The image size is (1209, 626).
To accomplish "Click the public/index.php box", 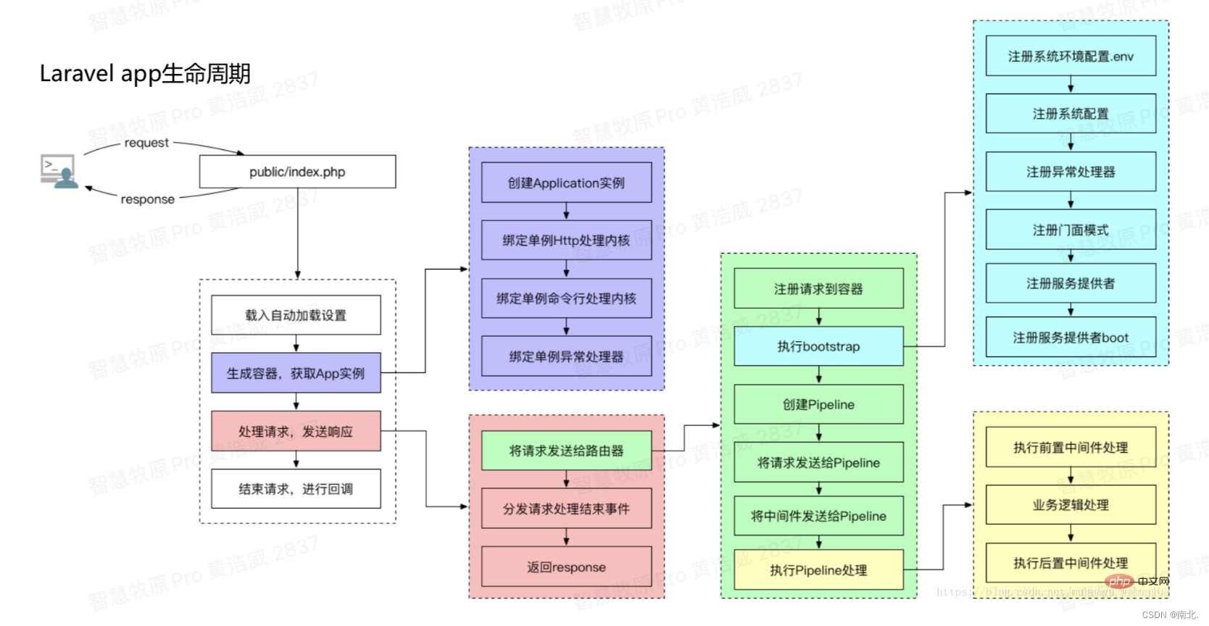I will pyautogui.click(x=297, y=172).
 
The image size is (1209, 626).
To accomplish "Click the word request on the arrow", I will pyautogui.click(x=146, y=143).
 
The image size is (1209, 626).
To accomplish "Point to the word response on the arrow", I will pyautogui.click(x=147, y=199).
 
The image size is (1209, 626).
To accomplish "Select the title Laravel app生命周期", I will pyautogui.click(x=145, y=74).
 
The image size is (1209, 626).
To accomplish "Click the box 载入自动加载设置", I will pyautogui.click(x=296, y=315).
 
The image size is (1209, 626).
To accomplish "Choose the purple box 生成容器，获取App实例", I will pyautogui.click(x=296, y=373).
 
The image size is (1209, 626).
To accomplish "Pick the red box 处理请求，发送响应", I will pyautogui.click(x=296, y=431).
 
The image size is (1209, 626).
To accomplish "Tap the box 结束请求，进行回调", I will pyautogui.click(x=296, y=489).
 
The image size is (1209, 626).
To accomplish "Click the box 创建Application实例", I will pyautogui.click(x=566, y=183).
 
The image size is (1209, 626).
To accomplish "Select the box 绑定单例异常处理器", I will pyautogui.click(x=566, y=356).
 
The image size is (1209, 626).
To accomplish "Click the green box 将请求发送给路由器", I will pyautogui.click(x=566, y=451).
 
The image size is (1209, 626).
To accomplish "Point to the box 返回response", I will pyautogui.click(x=566, y=567).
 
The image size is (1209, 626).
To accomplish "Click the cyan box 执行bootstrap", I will pyautogui.click(x=818, y=346).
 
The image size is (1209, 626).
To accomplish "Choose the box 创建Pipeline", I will pyautogui.click(x=818, y=404).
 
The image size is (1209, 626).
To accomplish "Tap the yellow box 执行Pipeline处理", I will pyautogui.click(x=818, y=570).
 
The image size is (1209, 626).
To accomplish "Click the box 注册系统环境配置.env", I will pyautogui.click(x=1071, y=56).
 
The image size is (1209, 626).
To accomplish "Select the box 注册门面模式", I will pyautogui.click(x=1071, y=230).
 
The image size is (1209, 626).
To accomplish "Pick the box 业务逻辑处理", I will pyautogui.click(x=1071, y=505).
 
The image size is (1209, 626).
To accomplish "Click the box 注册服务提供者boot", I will pyautogui.click(x=1071, y=338).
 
